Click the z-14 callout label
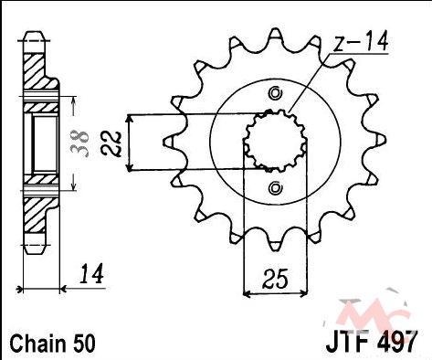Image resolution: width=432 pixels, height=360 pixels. coord(361,41)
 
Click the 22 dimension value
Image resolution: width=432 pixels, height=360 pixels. coord(111,143)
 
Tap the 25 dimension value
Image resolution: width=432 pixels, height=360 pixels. coord(275,279)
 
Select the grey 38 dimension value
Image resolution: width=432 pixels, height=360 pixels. coord(79,143)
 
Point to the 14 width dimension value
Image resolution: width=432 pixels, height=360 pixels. coord(91,274)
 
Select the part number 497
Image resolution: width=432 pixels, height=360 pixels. coord(395,342)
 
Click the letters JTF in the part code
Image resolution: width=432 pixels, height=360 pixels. coord(349,342)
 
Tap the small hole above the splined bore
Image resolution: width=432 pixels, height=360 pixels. coord(275,93)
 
